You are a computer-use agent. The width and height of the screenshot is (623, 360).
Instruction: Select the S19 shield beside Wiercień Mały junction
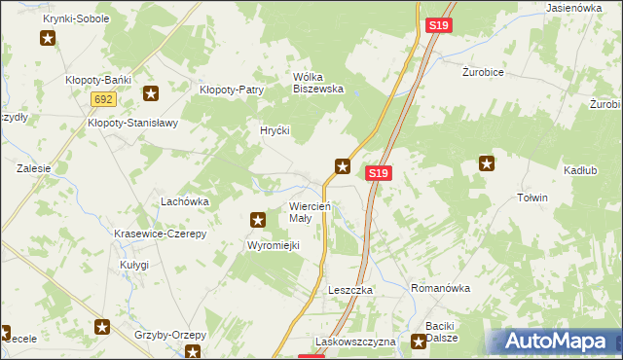[380, 173]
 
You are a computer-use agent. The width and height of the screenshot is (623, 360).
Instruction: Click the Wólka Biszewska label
[319, 83]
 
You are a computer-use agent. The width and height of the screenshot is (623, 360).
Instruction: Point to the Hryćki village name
[275, 129]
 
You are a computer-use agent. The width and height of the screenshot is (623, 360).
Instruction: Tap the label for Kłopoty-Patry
[232, 90]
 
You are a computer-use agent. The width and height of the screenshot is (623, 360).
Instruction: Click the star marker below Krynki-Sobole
[48, 39]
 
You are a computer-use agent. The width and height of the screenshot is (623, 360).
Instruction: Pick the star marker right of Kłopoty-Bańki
[151, 93]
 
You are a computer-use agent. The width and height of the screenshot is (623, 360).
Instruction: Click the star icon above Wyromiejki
[258, 221]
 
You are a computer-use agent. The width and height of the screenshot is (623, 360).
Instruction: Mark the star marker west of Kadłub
[486, 164]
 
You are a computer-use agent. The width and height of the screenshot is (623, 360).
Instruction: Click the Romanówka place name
[441, 289]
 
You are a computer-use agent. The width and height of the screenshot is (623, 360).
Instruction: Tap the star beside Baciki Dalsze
[419, 342]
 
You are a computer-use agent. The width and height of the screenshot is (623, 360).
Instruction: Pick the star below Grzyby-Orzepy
[194, 352]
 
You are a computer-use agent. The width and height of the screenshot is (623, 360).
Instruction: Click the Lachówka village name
[185, 201]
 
